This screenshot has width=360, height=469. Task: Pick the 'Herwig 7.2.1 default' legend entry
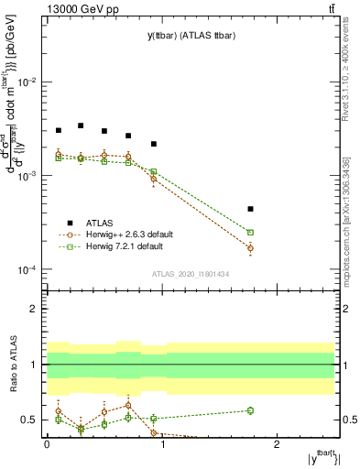125,246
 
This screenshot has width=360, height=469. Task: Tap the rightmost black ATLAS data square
250,209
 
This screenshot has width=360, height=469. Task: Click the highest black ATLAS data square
81,125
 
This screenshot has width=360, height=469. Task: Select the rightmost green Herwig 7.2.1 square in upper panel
250,233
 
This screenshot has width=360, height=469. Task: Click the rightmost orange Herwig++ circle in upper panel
250,248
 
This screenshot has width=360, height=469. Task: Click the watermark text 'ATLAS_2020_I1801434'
191,275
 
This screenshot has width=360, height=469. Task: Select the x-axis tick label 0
47,444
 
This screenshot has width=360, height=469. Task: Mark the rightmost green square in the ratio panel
250,410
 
